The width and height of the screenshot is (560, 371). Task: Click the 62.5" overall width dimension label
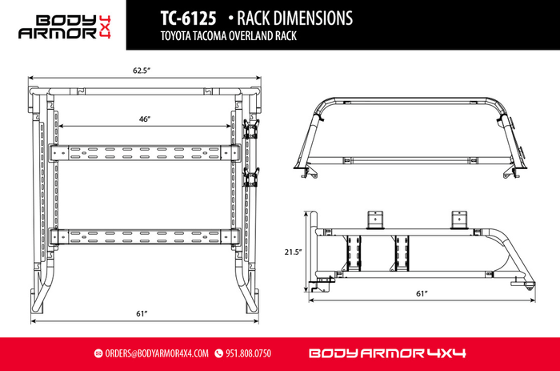(x=142, y=71)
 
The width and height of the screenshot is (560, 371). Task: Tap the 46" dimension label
(x=145, y=119)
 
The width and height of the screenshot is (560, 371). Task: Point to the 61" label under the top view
(x=143, y=312)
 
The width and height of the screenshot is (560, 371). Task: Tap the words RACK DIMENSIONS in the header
(x=280, y=17)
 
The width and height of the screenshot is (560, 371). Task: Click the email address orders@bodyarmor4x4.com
(x=157, y=353)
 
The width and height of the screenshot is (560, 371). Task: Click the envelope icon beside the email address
(x=98, y=353)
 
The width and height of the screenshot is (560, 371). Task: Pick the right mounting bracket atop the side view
(x=459, y=219)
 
